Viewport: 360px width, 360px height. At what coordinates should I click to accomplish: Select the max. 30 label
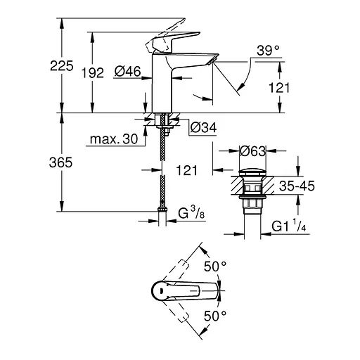(112, 139)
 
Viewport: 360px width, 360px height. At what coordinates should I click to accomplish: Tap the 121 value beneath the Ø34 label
(187, 170)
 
